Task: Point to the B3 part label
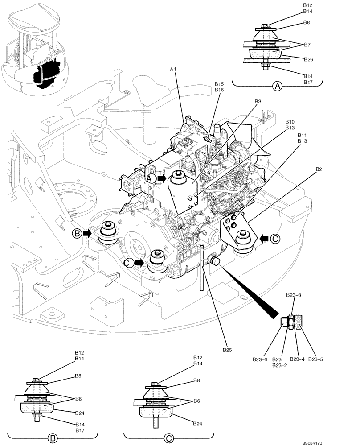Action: (258, 102)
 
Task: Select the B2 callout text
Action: (319, 169)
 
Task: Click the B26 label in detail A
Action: (308, 59)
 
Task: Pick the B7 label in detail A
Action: (307, 45)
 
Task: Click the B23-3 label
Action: (293, 295)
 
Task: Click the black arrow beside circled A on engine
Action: (162, 178)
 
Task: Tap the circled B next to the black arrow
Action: (78, 233)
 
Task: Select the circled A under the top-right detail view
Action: (277, 86)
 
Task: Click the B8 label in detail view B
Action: (78, 376)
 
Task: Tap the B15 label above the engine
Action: (219, 84)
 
